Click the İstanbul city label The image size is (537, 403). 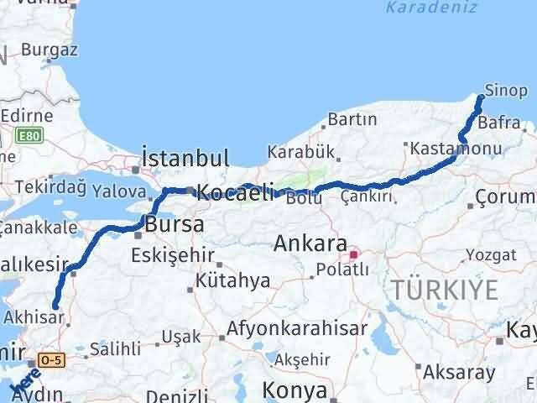coord(185,158)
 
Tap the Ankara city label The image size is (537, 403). coord(310,244)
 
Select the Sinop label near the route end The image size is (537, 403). coord(506,90)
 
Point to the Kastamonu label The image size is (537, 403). coord(456,148)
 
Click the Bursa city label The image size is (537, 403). coord(175,224)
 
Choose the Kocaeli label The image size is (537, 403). coord(235,192)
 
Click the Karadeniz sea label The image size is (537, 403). coord(419,8)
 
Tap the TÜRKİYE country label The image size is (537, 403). coord(442,290)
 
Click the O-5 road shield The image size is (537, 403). coord(51,360)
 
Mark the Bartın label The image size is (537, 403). coord(352,120)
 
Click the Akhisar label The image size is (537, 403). coord(34,318)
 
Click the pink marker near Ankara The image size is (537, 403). coord(353,253)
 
